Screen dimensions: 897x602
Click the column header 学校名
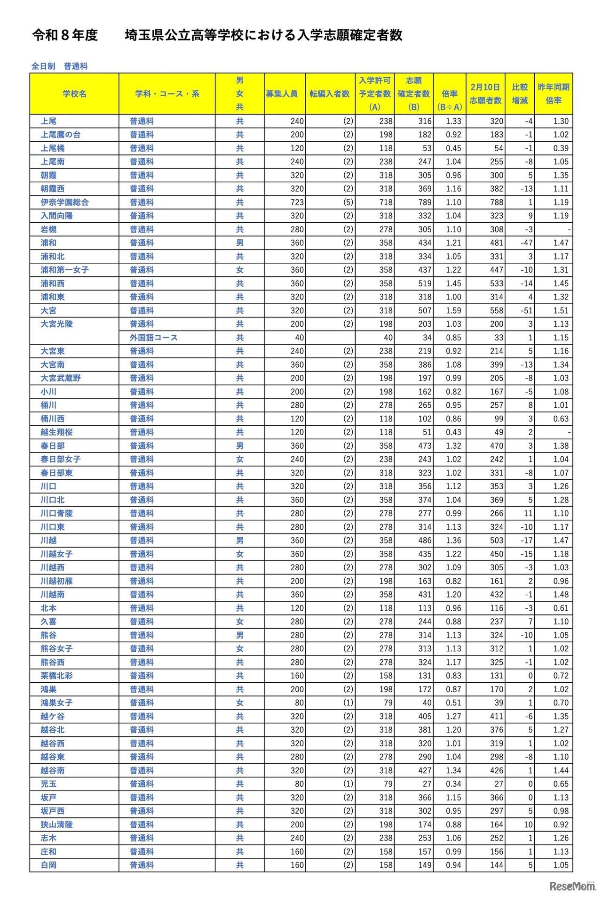74,94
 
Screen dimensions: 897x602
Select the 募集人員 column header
281,94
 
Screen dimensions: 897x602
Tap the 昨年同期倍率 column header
554,94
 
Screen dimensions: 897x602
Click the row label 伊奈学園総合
64,202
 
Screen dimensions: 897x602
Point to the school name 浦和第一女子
64,270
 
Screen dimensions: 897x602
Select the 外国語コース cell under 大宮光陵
153,338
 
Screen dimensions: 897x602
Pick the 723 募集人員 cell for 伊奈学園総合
297,202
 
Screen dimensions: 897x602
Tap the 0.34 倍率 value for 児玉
453,784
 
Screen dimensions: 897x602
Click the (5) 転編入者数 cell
348,202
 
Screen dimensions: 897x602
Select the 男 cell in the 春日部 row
239,445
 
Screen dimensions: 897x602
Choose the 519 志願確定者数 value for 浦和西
425,283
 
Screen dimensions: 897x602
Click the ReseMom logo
572,886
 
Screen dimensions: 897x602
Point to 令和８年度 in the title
65,35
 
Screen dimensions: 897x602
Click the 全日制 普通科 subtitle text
59,66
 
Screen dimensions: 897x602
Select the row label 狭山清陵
56,824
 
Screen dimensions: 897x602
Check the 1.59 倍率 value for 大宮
453,310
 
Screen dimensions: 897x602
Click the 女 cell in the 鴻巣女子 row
239,703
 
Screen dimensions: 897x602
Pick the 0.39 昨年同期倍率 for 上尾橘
561,148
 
